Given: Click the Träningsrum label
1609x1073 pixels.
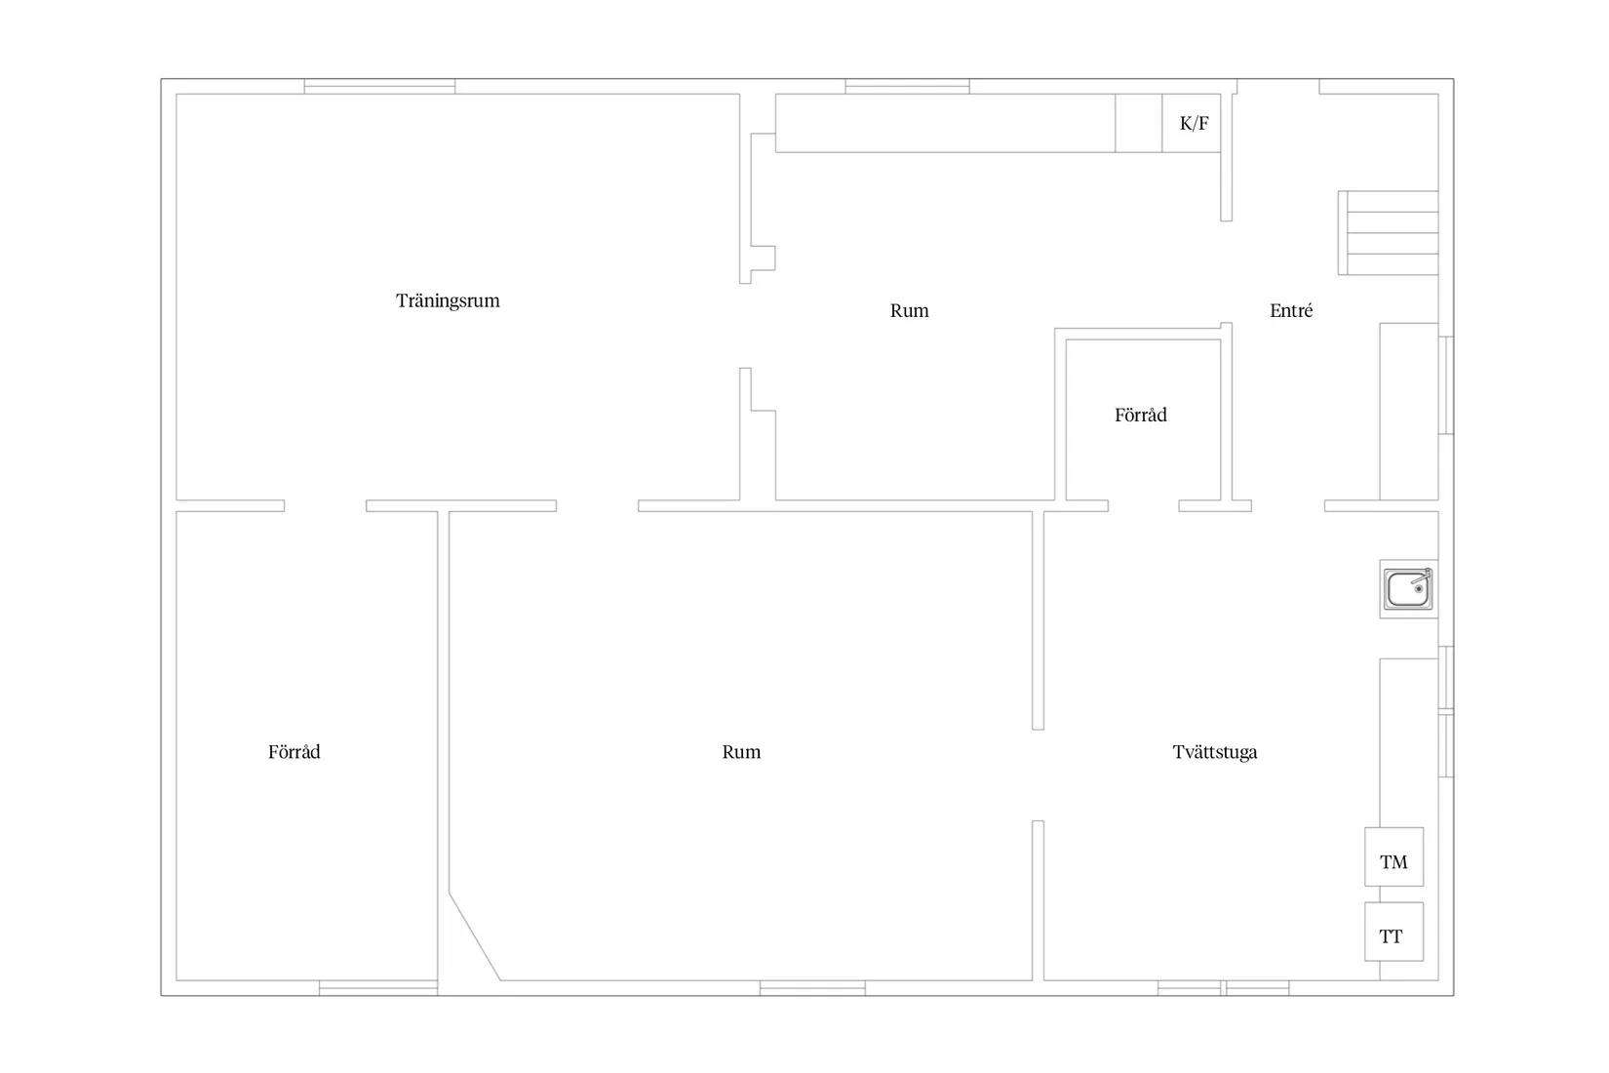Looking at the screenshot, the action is pos(448,300).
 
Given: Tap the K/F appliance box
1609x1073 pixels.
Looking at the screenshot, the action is pos(1192,123).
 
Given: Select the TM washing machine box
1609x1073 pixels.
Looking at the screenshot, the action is pos(1393,856).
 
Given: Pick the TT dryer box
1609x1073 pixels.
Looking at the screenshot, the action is pos(1393,932).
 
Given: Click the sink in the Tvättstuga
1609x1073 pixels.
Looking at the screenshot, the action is pos(1408,588).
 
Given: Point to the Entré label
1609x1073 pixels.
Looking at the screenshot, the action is pos(1291,310).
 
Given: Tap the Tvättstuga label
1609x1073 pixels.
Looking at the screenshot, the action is pos(1215,752).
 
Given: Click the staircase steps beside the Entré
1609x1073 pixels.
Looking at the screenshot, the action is pos(1388,233).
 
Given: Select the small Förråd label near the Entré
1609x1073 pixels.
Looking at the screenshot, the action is pos(1141,415).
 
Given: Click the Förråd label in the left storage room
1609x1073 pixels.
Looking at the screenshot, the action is pos(294,752).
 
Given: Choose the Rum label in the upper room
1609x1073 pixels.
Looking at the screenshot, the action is pos(910,310).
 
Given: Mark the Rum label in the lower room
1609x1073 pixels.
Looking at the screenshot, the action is pos(741,752).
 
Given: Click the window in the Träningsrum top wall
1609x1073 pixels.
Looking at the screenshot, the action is pos(379,86).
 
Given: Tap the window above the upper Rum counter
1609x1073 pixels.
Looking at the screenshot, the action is pos(907,86).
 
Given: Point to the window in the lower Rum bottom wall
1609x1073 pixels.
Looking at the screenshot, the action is pos(812,988).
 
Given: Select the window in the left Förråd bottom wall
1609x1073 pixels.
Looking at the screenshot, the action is pos(378,988).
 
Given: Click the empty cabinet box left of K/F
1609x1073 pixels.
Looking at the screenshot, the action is pos(1139,123).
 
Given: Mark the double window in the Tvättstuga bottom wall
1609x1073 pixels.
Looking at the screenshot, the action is pos(1223,988).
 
